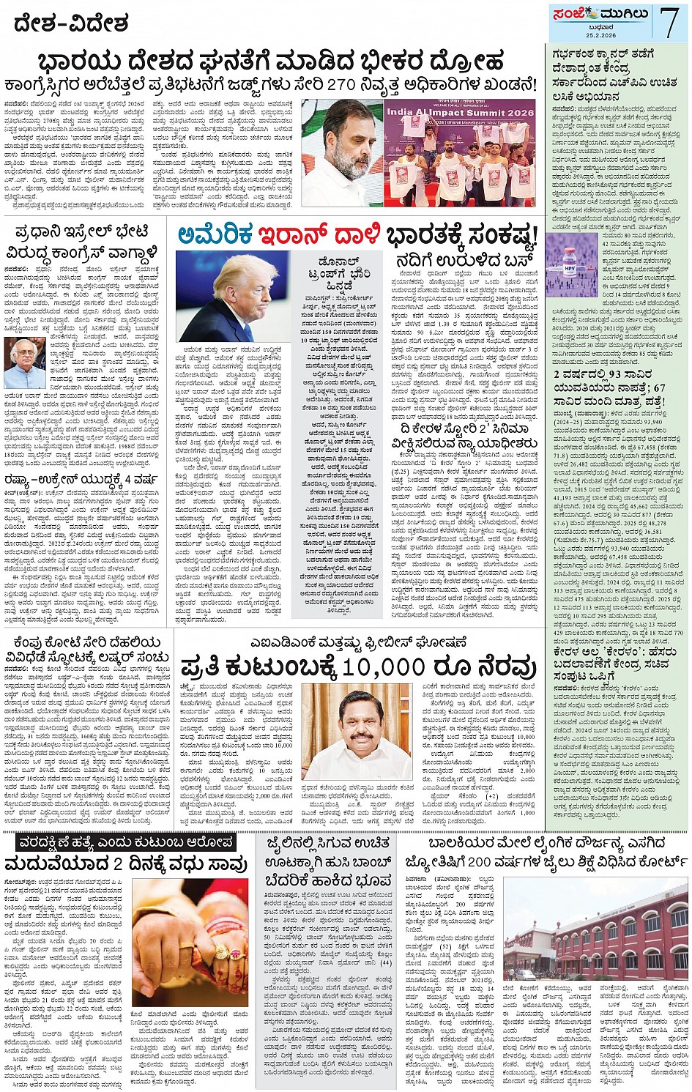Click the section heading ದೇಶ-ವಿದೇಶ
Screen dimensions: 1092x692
pos(71,23)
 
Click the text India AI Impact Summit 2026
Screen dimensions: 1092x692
pos(461,113)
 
